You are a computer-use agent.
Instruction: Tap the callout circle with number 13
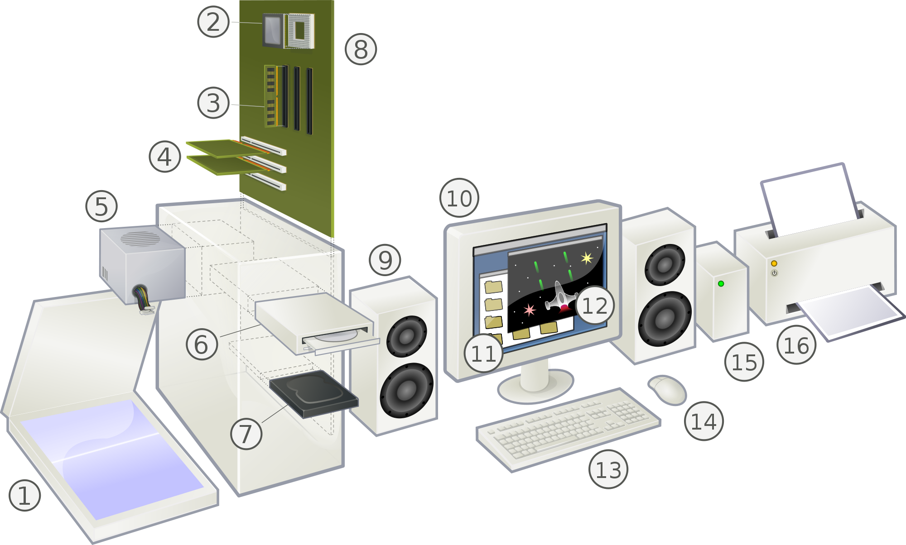click(x=608, y=469)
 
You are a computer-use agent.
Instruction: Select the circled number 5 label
click(x=101, y=206)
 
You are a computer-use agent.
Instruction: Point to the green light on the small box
click(x=721, y=284)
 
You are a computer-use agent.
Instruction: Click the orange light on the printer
click(x=774, y=263)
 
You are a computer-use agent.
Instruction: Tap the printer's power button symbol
click(x=774, y=273)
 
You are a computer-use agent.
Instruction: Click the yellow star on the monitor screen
click(x=587, y=258)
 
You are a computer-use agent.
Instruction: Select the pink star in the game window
click(x=529, y=310)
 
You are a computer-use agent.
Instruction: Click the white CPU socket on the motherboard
click(x=299, y=31)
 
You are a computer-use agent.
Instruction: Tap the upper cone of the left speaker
click(x=406, y=336)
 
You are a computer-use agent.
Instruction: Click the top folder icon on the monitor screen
click(x=493, y=287)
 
